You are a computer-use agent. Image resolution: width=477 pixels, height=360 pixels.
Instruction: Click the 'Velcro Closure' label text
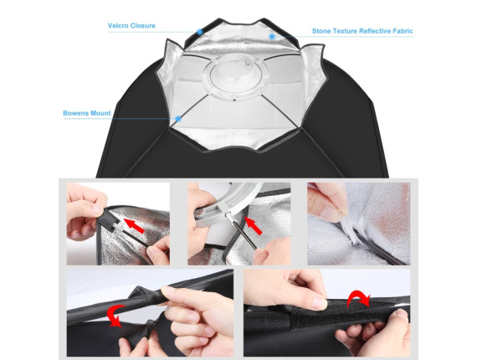[x=131, y=26]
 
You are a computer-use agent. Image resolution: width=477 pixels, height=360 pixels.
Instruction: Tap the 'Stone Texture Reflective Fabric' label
[x=362, y=31]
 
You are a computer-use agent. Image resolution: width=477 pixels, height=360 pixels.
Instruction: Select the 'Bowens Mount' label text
[x=87, y=113]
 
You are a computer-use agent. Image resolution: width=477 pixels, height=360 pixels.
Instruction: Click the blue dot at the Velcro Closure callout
[x=199, y=32]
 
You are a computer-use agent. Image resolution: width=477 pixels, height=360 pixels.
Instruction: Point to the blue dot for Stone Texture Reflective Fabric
[x=272, y=37]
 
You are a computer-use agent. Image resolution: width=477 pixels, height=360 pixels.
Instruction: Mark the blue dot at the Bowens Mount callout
[x=178, y=119]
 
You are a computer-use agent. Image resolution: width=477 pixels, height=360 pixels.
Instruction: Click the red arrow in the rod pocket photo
[x=134, y=225]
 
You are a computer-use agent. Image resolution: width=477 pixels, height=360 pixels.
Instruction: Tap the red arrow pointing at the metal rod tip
[x=253, y=225]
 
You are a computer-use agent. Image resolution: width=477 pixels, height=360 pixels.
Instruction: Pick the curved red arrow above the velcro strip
[x=358, y=297]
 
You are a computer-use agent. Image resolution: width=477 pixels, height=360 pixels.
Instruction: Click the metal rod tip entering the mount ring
[x=228, y=215]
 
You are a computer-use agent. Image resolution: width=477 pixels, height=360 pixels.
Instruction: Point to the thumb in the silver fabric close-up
[x=330, y=208]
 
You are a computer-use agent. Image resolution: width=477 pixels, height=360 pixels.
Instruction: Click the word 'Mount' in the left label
[x=100, y=113]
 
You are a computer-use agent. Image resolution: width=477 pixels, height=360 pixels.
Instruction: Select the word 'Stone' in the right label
[x=321, y=31]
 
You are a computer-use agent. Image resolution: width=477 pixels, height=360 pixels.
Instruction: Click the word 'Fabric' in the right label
[x=403, y=31]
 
